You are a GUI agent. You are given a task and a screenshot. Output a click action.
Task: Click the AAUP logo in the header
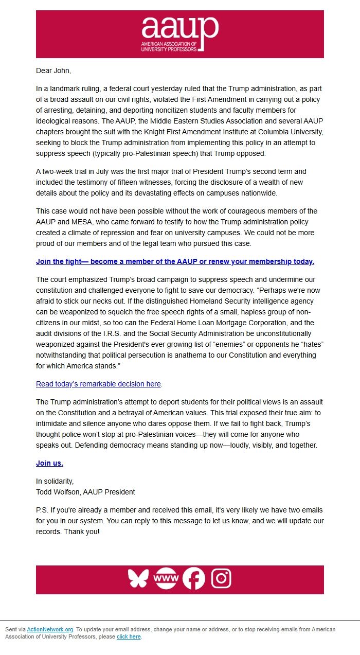point(180,34)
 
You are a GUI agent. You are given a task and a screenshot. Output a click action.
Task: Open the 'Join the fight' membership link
point(175,261)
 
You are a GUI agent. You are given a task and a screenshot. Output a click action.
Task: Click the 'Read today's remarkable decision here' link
point(98,384)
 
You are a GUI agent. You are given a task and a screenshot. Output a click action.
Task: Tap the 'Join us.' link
point(49,463)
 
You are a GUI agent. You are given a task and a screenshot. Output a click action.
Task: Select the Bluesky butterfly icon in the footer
point(138,579)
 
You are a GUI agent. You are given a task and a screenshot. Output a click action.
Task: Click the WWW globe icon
point(166,579)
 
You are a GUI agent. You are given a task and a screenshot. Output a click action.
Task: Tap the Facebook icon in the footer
point(194,579)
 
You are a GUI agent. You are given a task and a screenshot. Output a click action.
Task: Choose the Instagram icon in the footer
point(221,579)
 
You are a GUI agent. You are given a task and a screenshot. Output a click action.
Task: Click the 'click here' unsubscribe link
point(129,636)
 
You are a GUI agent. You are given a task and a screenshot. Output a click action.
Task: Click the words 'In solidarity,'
point(55,481)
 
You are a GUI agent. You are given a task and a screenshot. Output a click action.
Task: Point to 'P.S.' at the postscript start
point(43,510)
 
